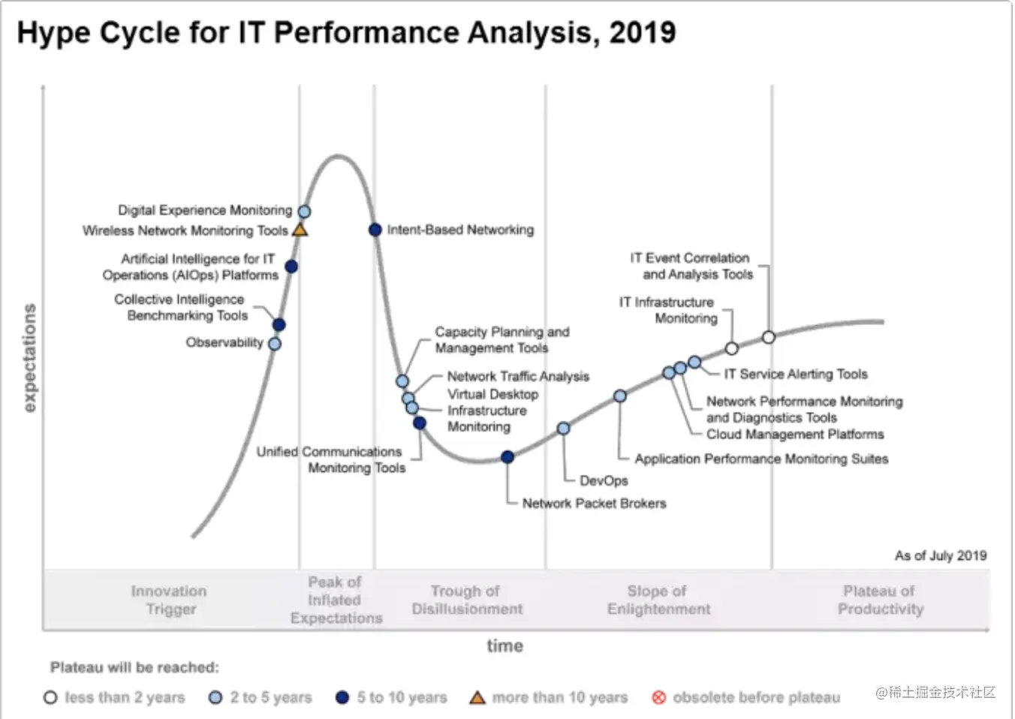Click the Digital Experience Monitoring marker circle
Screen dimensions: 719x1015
coord(304,212)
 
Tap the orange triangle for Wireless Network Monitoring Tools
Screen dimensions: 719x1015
coord(300,230)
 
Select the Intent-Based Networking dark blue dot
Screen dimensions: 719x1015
coord(375,230)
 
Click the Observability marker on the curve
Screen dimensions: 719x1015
coord(275,344)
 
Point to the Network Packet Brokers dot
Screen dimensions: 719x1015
coord(507,457)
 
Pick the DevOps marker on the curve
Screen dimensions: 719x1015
coord(563,429)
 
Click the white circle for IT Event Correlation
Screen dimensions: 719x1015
coord(768,338)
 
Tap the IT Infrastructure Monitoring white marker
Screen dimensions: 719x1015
coord(732,348)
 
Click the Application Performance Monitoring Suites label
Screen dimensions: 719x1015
coord(761,459)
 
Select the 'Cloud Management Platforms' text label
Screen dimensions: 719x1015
coord(795,435)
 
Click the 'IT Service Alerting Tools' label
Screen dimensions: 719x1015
coord(796,374)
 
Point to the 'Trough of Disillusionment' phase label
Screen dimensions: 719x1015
coord(467,600)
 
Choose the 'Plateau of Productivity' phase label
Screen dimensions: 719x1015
coord(880,600)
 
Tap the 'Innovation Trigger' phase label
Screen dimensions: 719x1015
coord(170,600)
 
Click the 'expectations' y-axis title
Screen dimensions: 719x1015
coord(29,358)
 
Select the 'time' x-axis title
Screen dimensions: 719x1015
coord(504,646)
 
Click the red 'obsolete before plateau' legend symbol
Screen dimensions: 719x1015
coord(659,698)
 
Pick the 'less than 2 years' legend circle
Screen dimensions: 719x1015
coord(50,698)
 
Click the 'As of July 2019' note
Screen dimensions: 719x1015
coord(940,555)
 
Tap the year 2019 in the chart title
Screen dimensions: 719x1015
coord(643,33)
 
